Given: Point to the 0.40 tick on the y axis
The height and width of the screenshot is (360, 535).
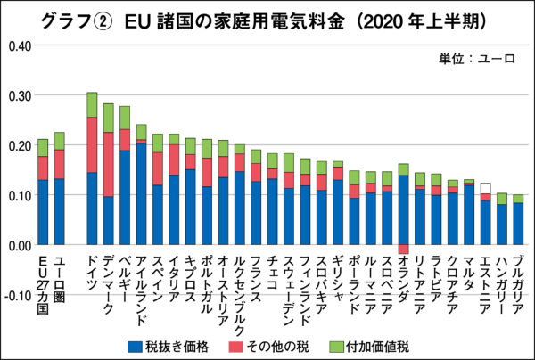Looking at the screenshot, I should click(x=18, y=45).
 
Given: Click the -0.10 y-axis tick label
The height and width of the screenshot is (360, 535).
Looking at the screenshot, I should click(x=17, y=294).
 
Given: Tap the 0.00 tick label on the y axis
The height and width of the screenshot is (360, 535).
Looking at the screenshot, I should click(x=18, y=244).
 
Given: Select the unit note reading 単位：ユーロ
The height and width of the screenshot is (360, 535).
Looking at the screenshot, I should click(x=478, y=60).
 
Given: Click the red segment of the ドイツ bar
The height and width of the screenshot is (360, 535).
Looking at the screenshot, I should click(x=92, y=144).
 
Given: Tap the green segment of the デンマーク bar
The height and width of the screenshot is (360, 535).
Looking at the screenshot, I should click(x=109, y=118).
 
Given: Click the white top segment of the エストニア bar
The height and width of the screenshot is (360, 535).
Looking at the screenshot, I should click(x=484, y=188).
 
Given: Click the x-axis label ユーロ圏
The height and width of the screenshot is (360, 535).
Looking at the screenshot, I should click(x=60, y=271).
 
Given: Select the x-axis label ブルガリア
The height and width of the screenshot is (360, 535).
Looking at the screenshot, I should click(x=518, y=282).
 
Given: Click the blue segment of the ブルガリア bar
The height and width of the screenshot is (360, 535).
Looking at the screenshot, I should click(x=518, y=224).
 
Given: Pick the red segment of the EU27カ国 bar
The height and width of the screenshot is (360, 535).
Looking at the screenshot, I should click(x=43, y=168).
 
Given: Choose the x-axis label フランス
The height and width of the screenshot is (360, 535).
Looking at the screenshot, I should click(x=256, y=276).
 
